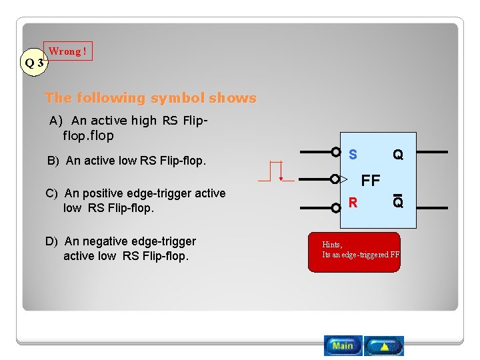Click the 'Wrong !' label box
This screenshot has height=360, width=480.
point(68,51)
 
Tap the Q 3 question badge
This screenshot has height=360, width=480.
point(34,63)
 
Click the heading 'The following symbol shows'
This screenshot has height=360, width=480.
point(151,98)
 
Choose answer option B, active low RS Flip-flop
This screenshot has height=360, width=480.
point(126,161)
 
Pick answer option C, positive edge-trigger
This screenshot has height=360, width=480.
point(136,200)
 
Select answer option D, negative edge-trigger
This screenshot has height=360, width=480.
point(121,248)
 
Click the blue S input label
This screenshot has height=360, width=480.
point(353,155)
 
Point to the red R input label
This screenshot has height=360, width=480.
point(353,202)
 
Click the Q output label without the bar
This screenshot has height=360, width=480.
point(397,155)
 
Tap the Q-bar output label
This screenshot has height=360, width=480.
point(397,201)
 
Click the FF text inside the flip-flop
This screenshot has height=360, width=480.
point(370,180)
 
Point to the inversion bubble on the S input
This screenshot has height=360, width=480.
point(336,152)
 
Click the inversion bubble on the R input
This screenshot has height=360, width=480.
point(336,199)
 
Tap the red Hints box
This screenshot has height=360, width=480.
point(354,252)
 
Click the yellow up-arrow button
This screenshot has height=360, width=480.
point(384,346)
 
